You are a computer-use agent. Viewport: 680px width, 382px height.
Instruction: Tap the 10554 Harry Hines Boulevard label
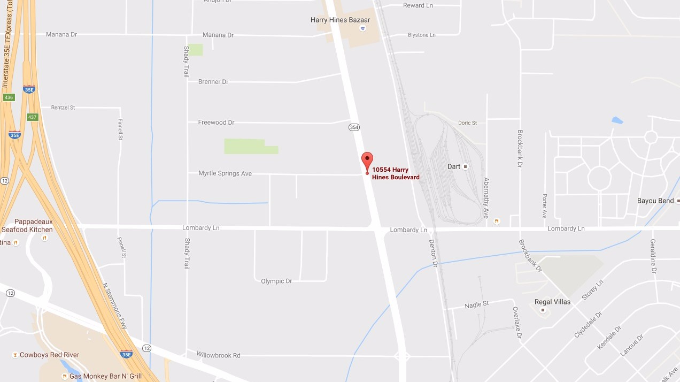[396, 173]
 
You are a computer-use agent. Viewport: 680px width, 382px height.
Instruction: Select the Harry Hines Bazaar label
[337, 20]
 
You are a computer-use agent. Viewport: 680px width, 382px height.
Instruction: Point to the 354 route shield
[354, 127]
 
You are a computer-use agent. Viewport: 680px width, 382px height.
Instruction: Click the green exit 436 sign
[9, 97]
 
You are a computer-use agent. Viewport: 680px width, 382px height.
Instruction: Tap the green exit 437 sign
[33, 117]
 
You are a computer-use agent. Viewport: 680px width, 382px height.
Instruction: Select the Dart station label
[454, 166]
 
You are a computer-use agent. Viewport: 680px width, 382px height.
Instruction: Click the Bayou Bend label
[655, 201]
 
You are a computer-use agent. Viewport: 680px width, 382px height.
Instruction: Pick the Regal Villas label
[552, 302]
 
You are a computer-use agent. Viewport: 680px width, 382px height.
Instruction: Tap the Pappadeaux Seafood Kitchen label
[27, 225]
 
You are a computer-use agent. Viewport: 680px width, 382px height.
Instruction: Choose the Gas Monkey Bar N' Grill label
[105, 376]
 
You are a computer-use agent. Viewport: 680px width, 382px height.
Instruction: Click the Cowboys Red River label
[49, 355]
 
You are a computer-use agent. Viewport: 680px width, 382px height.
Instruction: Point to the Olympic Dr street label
[276, 281]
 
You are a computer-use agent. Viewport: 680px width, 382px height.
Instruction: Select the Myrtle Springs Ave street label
[225, 173]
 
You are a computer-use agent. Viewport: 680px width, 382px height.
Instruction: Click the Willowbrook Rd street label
[219, 355]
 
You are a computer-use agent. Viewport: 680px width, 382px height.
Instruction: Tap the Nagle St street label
[477, 304]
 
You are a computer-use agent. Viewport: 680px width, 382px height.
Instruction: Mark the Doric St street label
[467, 123]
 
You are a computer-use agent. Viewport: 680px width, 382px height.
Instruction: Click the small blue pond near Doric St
[617, 120]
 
